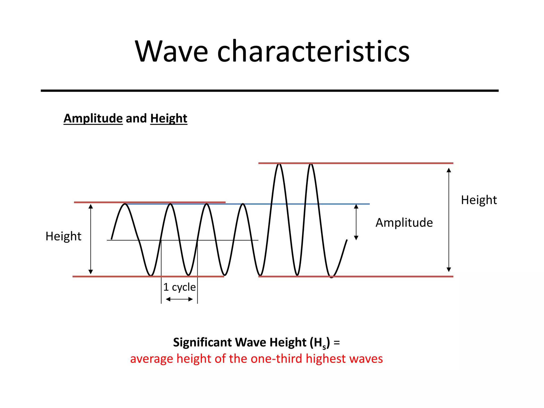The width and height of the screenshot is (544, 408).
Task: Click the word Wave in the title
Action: point(171,52)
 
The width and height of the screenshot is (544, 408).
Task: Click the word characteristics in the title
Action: point(313,52)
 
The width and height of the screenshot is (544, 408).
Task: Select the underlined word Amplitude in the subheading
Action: point(93,118)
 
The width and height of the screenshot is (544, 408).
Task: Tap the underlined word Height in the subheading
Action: point(169,118)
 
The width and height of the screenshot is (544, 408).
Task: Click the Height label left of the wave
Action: point(63,236)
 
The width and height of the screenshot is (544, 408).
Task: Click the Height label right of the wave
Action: point(479,200)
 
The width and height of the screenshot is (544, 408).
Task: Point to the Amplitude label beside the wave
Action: point(404,223)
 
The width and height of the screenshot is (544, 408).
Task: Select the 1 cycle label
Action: point(179,287)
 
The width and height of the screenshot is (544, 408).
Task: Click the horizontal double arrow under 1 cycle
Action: point(179,299)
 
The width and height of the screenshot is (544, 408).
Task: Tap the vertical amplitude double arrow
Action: point(356,222)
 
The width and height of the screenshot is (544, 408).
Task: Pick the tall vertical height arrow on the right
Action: point(449,220)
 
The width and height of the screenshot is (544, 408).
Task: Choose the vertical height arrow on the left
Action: point(91,239)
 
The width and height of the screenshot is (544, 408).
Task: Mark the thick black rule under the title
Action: point(269,91)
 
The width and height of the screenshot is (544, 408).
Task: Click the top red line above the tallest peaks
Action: point(372,163)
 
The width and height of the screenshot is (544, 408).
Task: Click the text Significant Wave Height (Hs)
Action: point(251,342)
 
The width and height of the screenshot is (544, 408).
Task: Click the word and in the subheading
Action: point(136,118)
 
